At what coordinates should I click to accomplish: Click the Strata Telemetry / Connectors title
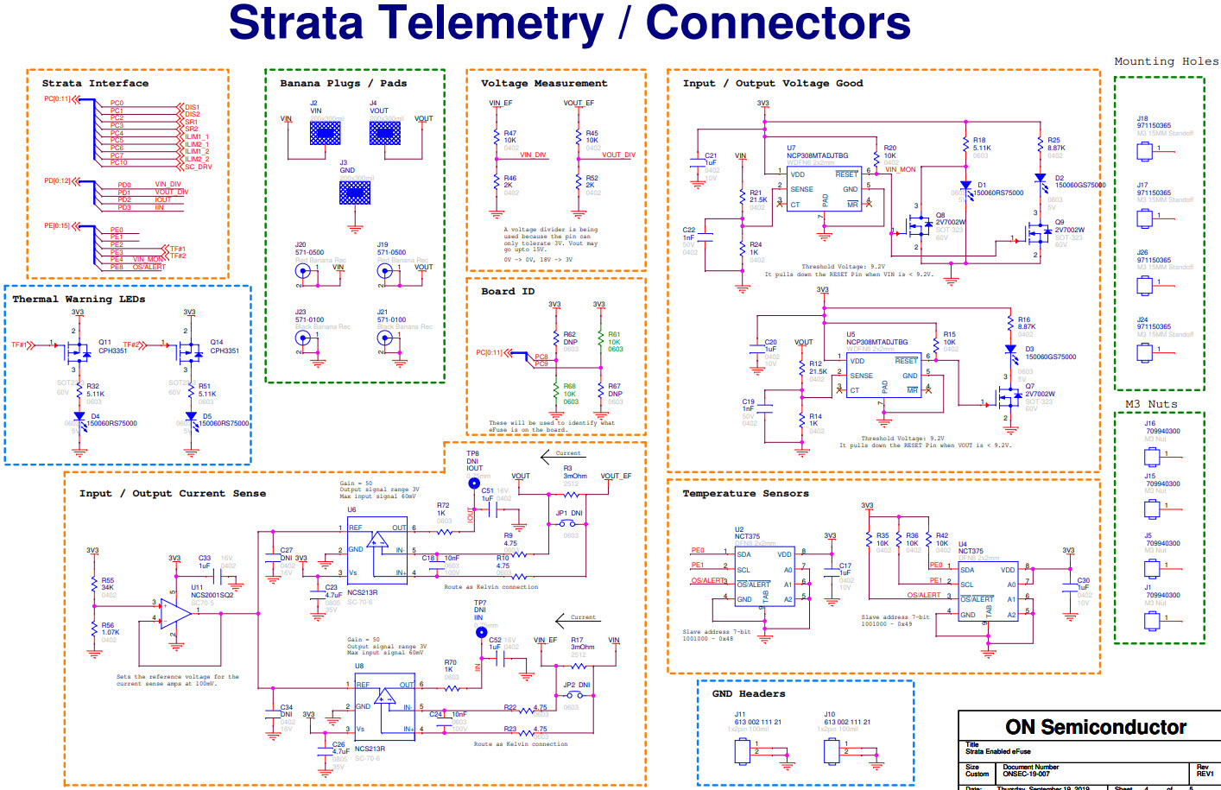569,23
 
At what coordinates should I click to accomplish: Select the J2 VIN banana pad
325,133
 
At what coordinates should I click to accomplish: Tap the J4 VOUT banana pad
384,133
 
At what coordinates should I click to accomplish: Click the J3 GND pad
354,193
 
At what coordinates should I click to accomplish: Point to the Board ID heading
508,292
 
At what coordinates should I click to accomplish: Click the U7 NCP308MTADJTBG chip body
824,189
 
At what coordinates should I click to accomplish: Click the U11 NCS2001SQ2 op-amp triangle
175,612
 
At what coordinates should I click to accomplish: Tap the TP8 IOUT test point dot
474,483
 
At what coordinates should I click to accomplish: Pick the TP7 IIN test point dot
481,632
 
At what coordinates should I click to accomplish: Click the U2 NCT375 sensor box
764,576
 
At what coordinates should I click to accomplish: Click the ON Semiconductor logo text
1095,727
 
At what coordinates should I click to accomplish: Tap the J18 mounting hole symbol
1144,152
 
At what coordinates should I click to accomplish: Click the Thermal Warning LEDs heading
79,300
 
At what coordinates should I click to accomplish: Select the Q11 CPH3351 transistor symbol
77,352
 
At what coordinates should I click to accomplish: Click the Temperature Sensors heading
745,494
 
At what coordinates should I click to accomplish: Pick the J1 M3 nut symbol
1151,621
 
